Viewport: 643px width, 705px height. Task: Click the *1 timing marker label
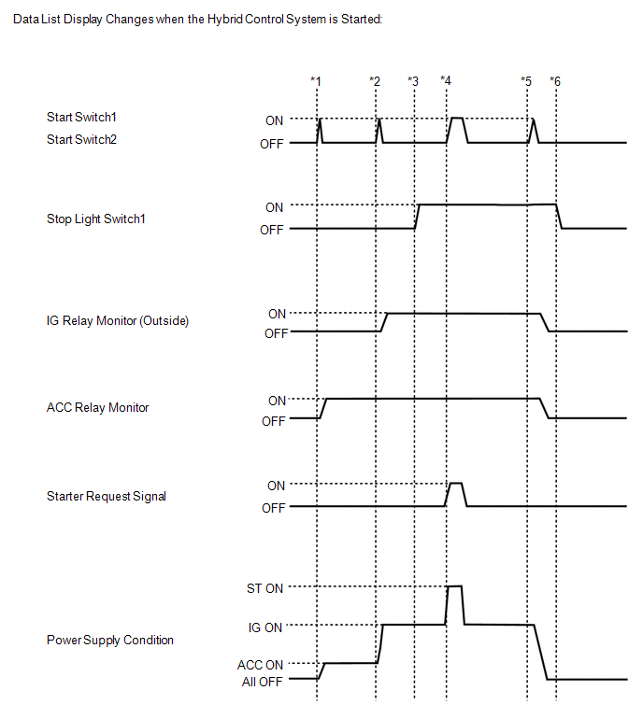tap(316, 81)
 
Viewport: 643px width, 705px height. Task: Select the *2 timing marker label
tap(375, 81)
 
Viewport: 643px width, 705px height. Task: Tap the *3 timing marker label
tap(413, 81)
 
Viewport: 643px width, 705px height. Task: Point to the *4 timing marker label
tap(446, 81)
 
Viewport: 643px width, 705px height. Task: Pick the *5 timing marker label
tap(526, 81)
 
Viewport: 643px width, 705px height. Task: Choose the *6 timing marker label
tap(555, 81)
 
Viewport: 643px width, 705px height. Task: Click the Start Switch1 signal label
tap(87, 118)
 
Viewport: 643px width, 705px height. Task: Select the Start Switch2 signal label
tap(87, 139)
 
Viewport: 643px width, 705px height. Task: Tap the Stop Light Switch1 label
tap(96, 219)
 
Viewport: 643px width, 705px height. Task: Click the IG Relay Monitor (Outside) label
tap(118, 321)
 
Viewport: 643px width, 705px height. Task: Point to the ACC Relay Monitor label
tap(97, 408)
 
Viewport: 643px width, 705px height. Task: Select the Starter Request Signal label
tap(106, 497)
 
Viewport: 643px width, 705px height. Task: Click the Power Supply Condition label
tap(109, 641)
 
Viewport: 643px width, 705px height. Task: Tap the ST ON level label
tap(262, 588)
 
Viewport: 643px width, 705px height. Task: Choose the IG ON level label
tap(265, 627)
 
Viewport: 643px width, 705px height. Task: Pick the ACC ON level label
tap(261, 664)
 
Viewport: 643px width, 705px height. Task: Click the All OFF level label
tap(263, 681)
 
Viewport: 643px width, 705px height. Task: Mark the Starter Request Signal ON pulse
tap(456, 485)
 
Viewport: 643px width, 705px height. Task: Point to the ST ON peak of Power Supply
tap(455, 586)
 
